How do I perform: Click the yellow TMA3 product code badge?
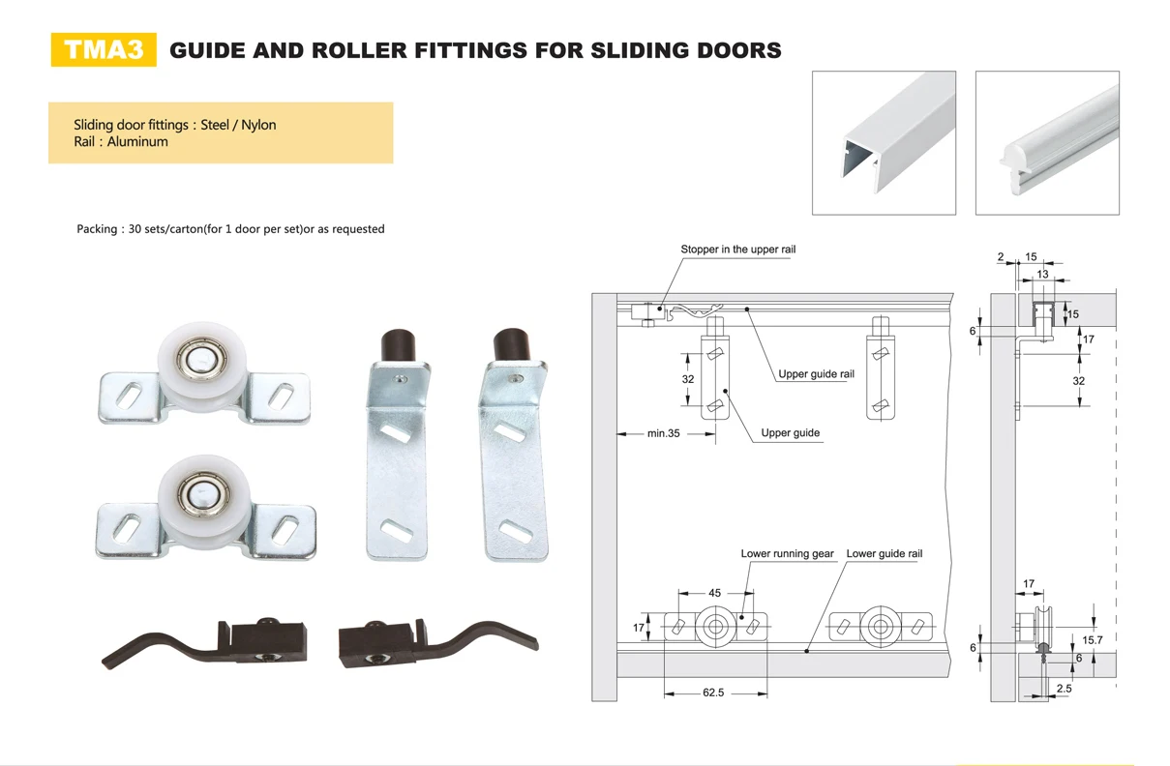coord(103,50)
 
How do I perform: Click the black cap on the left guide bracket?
coord(399,345)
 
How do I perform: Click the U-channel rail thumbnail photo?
coord(884,143)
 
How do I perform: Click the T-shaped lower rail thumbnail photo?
coord(1047,143)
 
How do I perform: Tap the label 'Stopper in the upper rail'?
coord(737,250)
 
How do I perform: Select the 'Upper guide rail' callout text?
coord(816,374)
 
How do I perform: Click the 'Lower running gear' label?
coord(787,554)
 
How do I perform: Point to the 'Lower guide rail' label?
coord(884,554)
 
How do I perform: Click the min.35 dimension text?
coord(664,433)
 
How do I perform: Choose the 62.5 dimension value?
coord(714,692)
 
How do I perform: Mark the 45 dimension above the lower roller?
coord(714,593)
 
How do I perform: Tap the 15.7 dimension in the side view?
coord(1093,640)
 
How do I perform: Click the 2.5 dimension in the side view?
coord(1064,689)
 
